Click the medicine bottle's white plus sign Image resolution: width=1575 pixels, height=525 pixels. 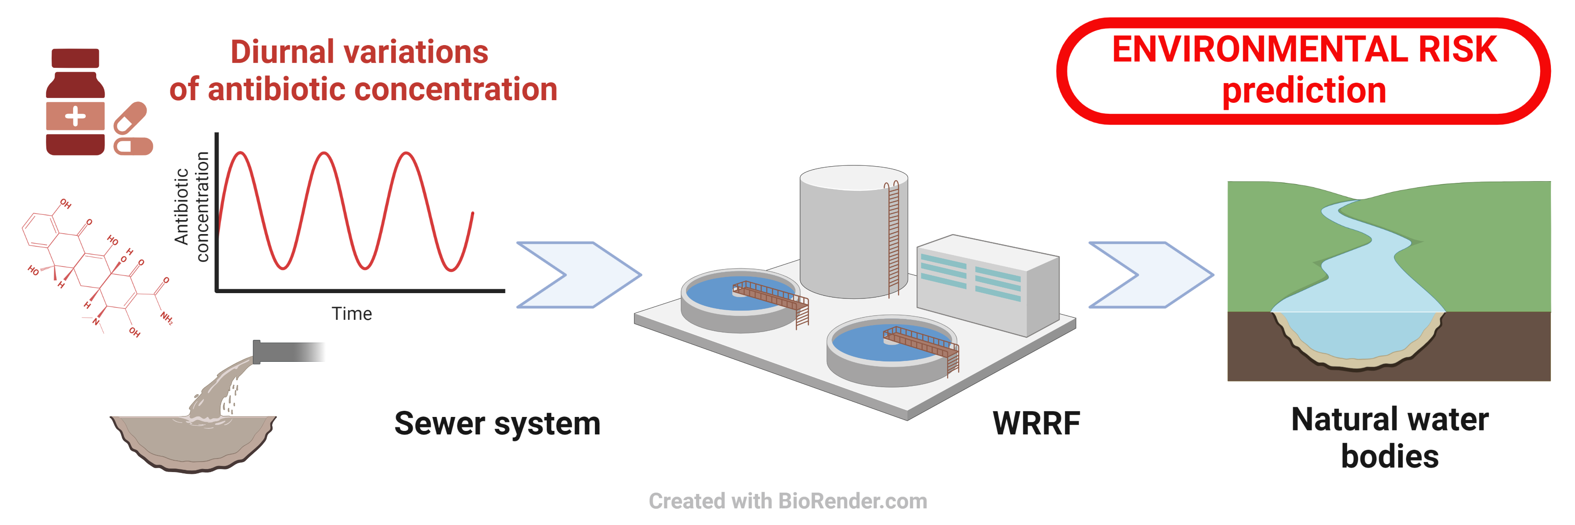tap(75, 116)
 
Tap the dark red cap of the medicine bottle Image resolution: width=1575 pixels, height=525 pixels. tap(75, 58)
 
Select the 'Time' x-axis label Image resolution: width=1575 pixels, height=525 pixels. tap(352, 314)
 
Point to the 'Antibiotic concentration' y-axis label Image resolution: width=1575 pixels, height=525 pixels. tap(191, 206)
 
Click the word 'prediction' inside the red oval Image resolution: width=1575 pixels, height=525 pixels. tap(1304, 91)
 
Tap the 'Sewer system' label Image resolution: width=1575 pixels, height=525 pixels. tap(497, 423)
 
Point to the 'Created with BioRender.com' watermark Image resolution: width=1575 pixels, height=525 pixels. tap(787, 501)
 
